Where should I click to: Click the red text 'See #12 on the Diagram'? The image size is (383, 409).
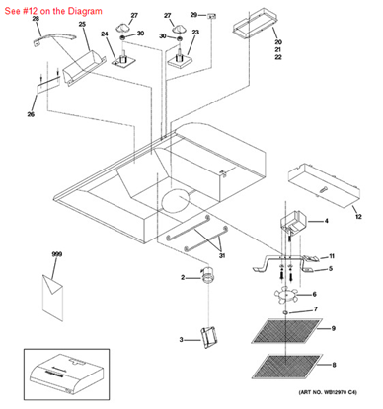point(51,8)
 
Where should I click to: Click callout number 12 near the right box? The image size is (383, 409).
point(357,216)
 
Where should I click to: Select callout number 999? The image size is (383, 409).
point(56,255)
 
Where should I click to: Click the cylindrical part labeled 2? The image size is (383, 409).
point(207,279)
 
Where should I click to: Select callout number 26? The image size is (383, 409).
point(31,115)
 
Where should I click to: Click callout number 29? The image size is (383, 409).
point(193,15)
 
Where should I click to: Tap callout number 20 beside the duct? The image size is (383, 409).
point(278,42)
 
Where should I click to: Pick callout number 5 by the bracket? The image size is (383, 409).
point(330,268)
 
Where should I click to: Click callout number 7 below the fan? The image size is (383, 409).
point(316,310)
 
